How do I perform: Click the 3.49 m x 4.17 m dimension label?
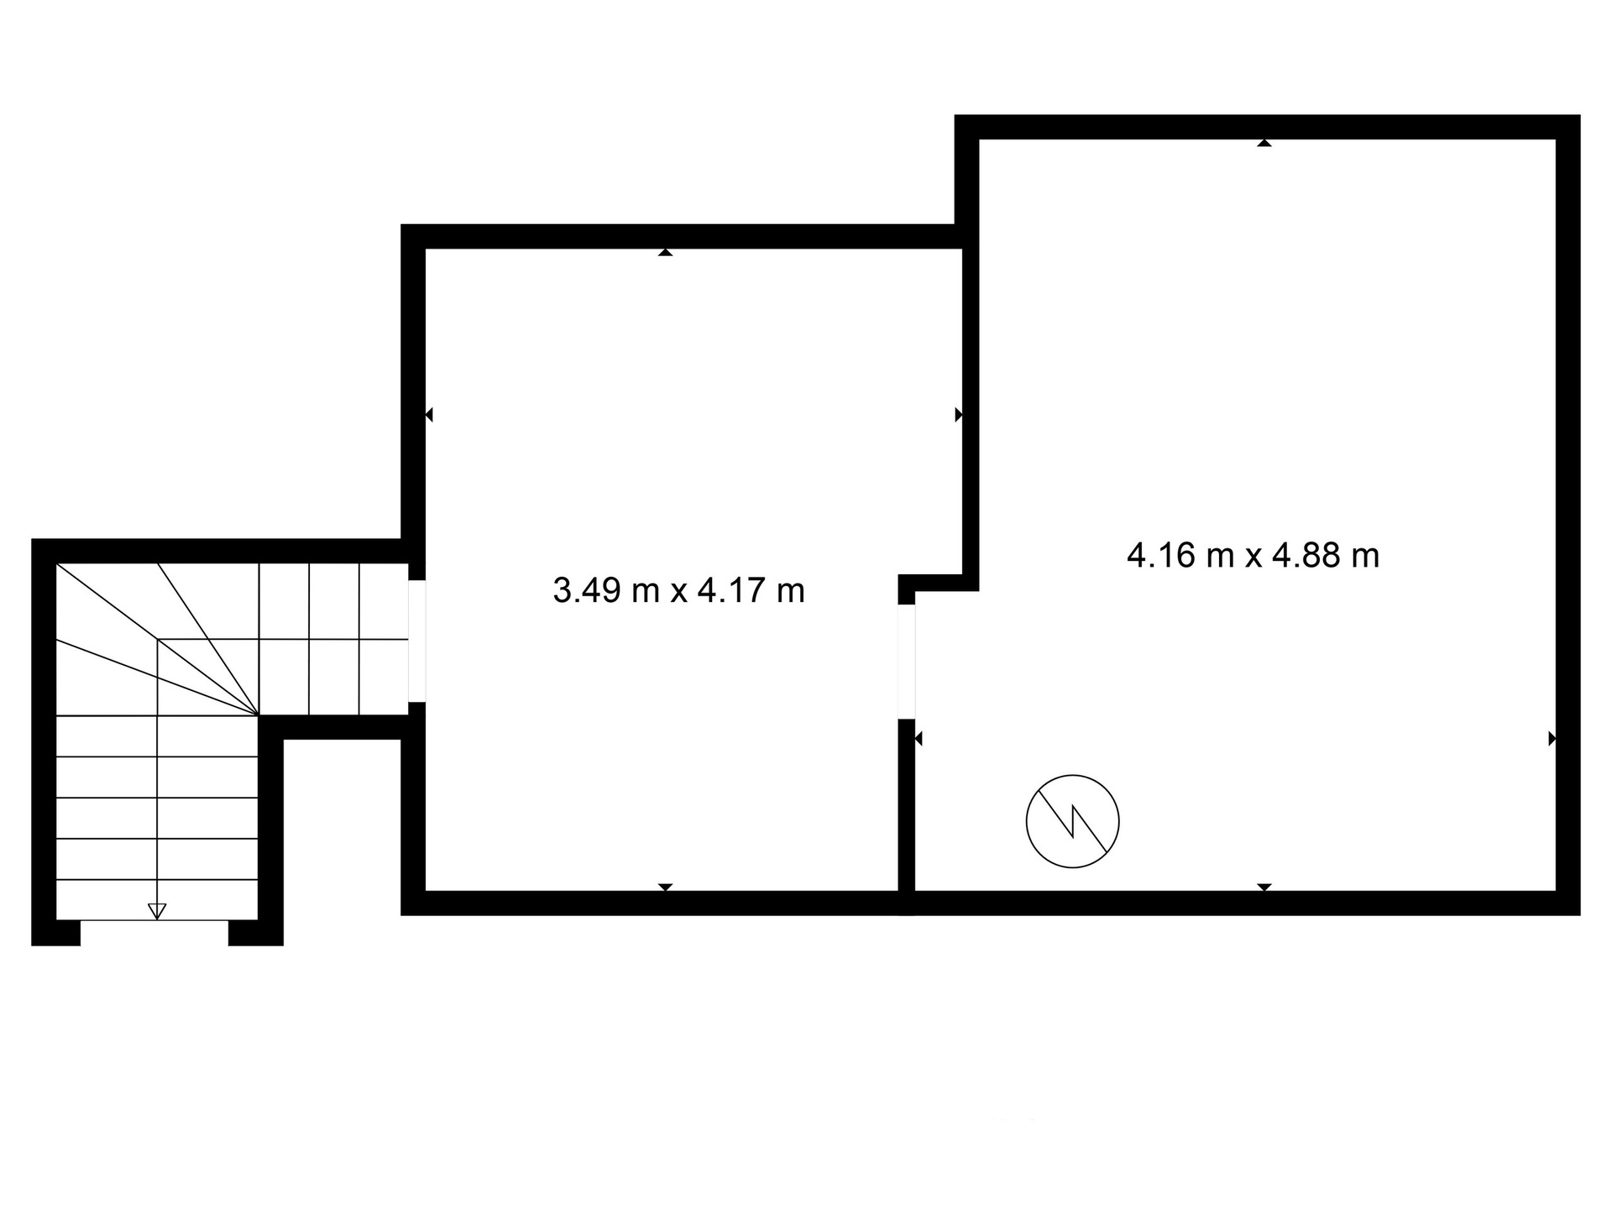[678, 590]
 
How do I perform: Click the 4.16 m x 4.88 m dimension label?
[1253, 555]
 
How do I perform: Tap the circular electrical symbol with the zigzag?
[1072, 820]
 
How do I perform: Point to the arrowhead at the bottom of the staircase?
[157, 911]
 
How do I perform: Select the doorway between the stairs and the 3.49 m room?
[417, 641]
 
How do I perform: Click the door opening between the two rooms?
[906, 662]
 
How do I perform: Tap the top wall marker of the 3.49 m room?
[666, 252]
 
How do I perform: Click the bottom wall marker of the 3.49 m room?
[666, 887]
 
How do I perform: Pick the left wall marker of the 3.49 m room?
[429, 414]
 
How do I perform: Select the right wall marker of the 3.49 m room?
[959, 414]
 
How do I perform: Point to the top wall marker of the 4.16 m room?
[1264, 143]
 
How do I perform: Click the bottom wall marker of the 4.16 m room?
[1264, 887]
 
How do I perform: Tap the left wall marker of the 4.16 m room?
[919, 739]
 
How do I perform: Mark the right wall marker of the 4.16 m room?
[1552, 739]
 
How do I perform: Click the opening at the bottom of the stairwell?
[154, 933]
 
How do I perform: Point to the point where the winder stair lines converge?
[258, 715]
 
